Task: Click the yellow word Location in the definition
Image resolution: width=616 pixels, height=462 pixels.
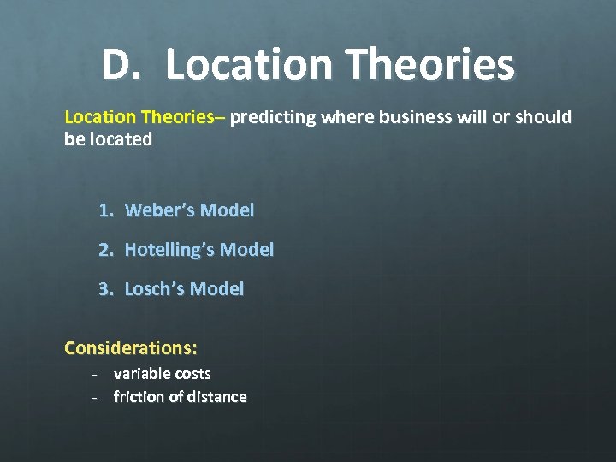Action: [99, 116]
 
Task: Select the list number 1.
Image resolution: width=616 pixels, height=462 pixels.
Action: [104, 210]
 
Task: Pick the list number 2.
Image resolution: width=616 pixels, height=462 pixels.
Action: [104, 250]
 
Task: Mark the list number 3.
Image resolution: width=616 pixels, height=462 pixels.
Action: [104, 289]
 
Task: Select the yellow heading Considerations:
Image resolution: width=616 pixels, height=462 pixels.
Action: [131, 348]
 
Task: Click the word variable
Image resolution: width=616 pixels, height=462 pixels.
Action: [142, 374]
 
